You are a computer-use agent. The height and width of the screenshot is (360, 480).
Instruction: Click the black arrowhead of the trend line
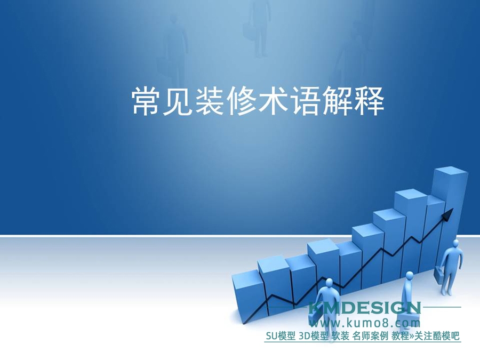coord(447,214)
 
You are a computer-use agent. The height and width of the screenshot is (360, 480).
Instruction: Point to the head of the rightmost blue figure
coord(456,243)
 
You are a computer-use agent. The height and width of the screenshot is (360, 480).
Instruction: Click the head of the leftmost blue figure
coord(329,282)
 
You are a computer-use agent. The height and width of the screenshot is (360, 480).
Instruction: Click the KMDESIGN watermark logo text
coord(365,308)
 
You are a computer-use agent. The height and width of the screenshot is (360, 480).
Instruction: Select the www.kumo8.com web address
coord(365,323)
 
